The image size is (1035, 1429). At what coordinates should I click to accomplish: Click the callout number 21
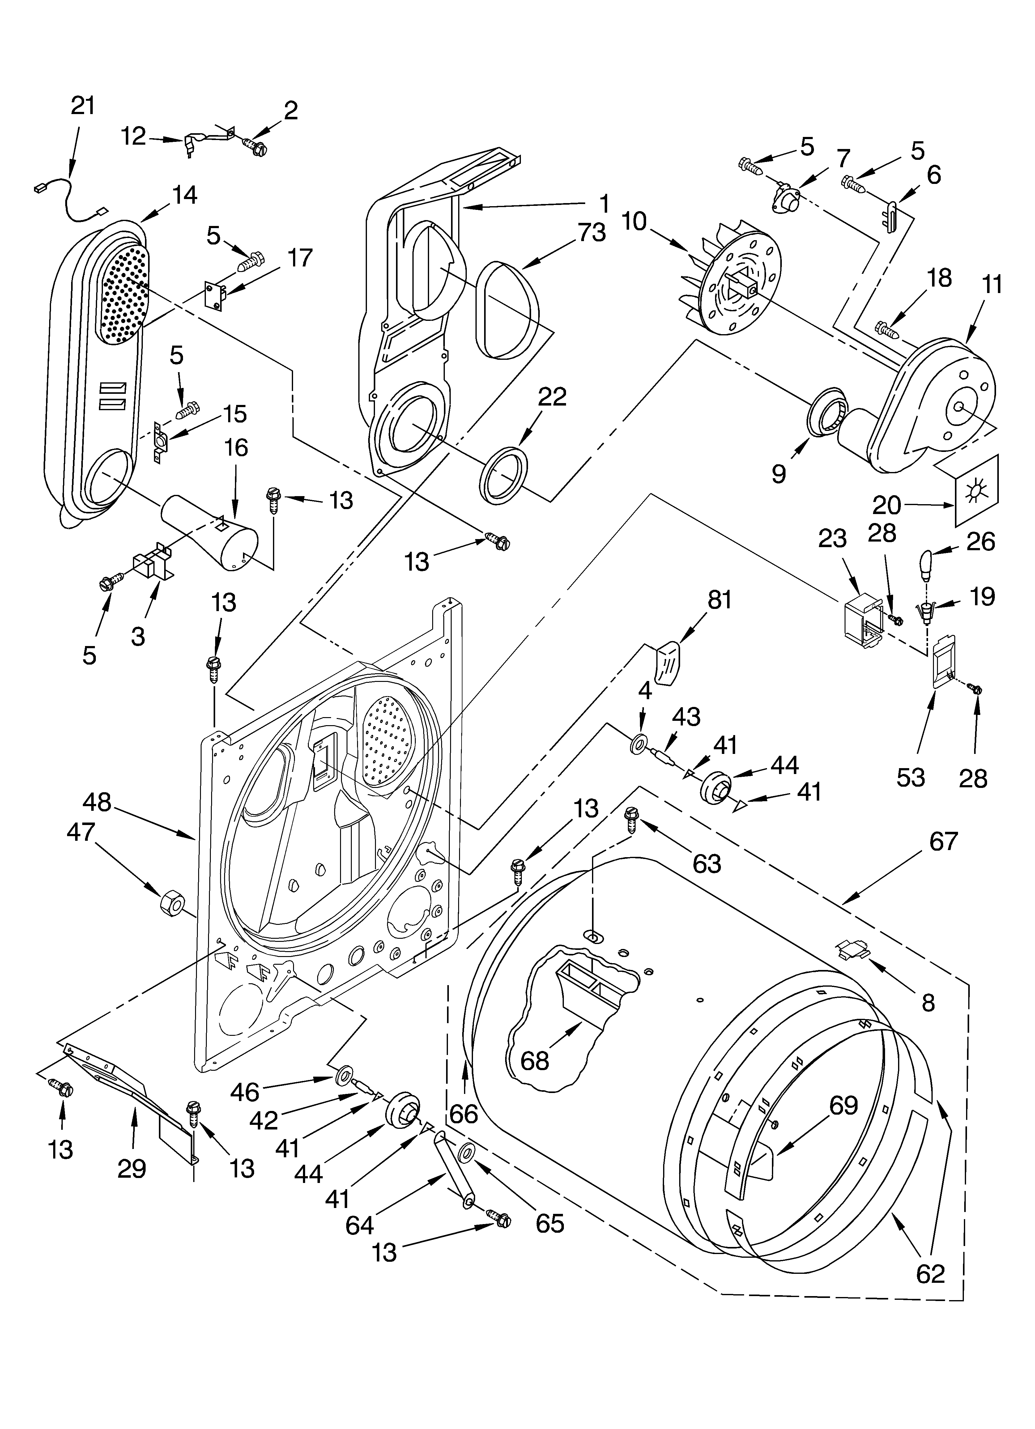pyautogui.click(x=83, y=105)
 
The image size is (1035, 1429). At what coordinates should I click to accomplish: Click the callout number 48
pyautogui.click(x=96, y=802)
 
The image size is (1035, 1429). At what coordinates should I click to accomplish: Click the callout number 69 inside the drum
pyautogui.click(x=843, y=1105)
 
